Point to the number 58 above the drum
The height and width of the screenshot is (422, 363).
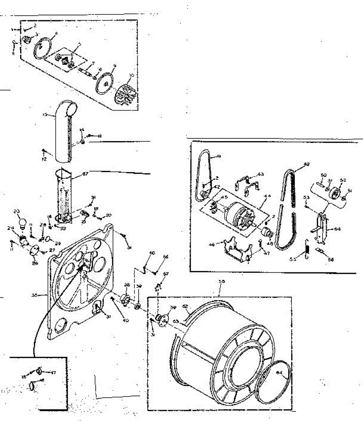click(x=221, y=281)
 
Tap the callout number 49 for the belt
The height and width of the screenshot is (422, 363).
click(x=306, y=164)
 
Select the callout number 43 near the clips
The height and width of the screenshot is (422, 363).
click(x=261, y=174)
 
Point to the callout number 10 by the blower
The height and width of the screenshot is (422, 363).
click(x=132, y=76)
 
